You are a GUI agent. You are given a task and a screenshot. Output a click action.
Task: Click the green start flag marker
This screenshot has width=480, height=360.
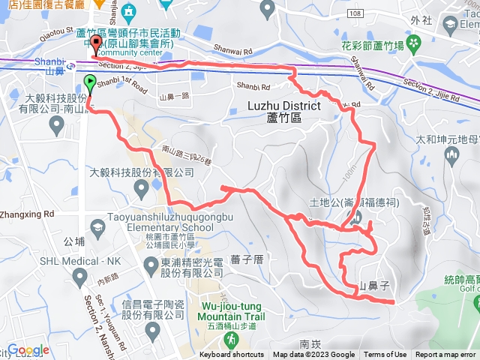[90, 84]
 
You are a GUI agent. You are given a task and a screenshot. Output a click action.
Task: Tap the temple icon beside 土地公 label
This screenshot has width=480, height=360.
[356, 217]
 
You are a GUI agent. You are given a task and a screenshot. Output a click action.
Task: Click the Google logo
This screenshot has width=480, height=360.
[28, 350]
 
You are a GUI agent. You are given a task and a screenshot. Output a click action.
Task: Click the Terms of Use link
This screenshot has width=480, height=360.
[385, 355]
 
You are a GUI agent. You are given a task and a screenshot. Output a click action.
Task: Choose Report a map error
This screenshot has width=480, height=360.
[445, 355]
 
